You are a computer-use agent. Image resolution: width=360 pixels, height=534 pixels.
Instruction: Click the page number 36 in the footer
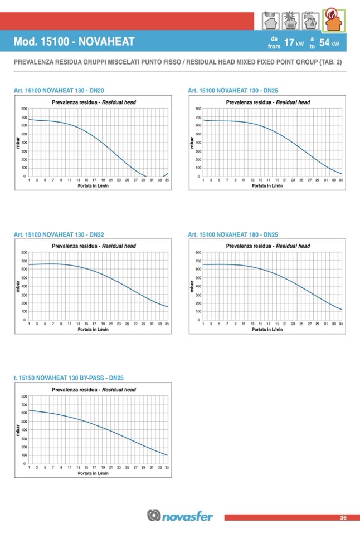[343, 518]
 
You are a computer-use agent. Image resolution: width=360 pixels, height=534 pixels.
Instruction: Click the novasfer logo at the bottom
[180, 517]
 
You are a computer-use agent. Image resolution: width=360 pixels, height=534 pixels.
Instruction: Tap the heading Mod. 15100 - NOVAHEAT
[75, 41]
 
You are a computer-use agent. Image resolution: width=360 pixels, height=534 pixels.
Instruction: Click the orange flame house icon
[334, 21]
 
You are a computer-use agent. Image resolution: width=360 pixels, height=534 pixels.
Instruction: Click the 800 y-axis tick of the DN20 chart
[25, 109]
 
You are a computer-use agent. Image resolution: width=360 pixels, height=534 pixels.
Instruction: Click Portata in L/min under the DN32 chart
[93, 330]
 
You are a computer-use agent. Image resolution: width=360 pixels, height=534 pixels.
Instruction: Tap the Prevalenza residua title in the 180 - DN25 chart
[268, 246]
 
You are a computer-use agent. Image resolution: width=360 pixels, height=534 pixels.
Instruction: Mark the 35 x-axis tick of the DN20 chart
[167, 180]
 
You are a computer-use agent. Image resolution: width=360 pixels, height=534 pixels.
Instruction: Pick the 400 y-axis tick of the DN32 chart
[25, 286]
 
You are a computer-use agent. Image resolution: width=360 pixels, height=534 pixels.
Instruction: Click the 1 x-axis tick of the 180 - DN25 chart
[203, 324]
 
